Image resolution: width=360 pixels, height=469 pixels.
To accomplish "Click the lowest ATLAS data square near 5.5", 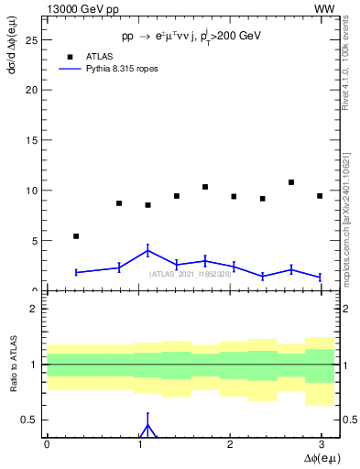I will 76,236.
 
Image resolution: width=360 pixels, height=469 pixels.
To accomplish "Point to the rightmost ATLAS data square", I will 320,196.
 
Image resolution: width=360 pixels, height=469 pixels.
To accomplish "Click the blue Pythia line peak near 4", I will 147,250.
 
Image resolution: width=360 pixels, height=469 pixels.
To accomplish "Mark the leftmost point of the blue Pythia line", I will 76,272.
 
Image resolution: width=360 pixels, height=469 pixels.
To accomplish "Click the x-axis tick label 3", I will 321,444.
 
